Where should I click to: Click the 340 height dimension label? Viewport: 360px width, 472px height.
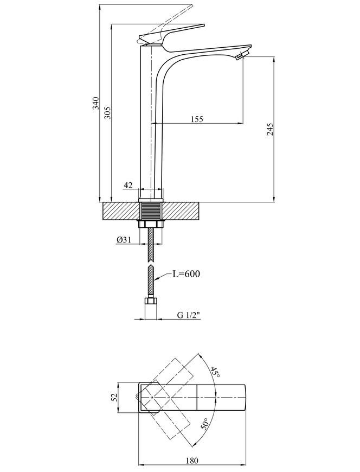pos(95,103)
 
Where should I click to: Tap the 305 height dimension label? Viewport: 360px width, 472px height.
pos(108,113)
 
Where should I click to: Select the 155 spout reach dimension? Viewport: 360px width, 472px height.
pos(197,119)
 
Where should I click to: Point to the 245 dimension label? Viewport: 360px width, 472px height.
pos(270,129)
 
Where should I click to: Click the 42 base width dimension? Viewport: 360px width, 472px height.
pos(128,185)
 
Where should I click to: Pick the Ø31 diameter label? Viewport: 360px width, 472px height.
pos(123,240)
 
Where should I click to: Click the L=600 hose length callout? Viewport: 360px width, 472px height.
pos(186,274)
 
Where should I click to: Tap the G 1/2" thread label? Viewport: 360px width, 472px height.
pos(189,315)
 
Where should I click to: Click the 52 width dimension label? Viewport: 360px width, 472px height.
pos(114,397)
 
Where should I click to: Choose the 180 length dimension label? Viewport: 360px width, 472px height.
pos(192,468)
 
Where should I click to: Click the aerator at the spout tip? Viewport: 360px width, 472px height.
pos(241,55)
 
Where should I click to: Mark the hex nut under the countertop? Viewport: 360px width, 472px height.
pos(151,224)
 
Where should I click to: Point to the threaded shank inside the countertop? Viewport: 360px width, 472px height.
pos(151,212)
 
